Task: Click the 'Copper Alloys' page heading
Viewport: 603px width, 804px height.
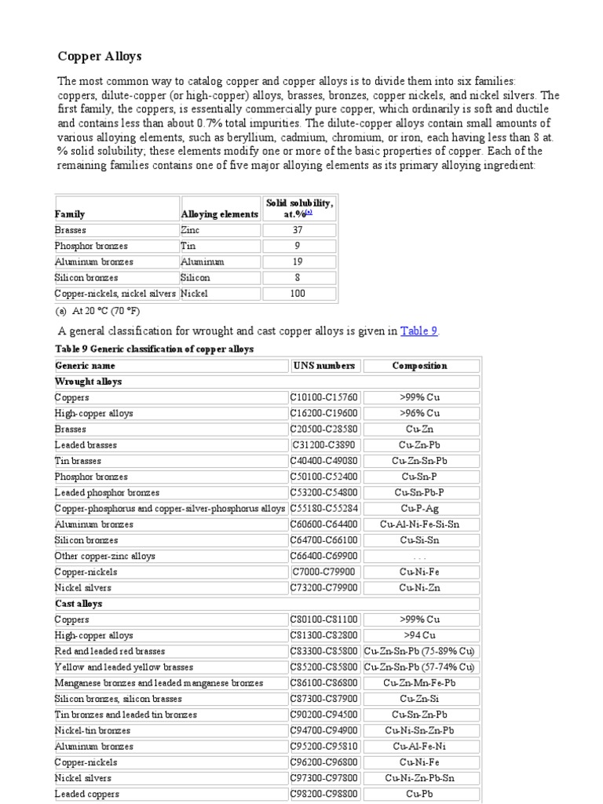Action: pyautogui.click(x=99, y=57)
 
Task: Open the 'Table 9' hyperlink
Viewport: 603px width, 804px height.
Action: pyautogui.click(x=418, y=331)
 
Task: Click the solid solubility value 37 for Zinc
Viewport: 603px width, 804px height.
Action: pyautogui.click(x=298, y=230)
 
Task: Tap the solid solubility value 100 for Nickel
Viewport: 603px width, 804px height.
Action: pyautogui.click(x=298, y=293)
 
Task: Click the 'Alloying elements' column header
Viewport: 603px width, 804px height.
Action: pyautogui.click(x=219, y=214)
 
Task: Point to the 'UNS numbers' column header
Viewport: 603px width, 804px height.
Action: pyautogui.click(x=323, y=365)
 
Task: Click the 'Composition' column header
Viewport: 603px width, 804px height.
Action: pyautogui.click(x=420, y=365)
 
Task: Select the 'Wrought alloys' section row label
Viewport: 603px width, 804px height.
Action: pyautogui.click(x=88, y=382)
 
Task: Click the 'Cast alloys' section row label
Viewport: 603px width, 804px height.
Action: pyautogui.click(x=79, y=604)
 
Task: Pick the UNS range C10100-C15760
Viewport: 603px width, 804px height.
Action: pyautogui.click(x=325, y=397)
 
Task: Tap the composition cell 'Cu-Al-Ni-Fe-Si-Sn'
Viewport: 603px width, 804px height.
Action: pyautogui.click(x=420, y=524)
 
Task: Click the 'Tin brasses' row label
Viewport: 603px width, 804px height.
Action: pyautogui.click(x=78, y=461)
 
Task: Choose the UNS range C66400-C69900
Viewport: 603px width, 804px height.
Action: pyautogui.click(x=325, y=556)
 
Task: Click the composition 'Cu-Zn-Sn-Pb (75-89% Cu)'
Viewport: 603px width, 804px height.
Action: pyautogui.click(x=420, y=651)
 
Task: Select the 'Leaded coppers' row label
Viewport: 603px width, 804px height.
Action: pyautogui.click(x=86, y=794)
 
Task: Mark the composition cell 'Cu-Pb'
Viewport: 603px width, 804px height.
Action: pyautogui.click(x=420, y=794)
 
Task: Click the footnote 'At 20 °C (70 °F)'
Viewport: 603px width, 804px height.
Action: pyautogui.click(x=103, y=311)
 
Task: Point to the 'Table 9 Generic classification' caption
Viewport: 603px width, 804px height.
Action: pyautogui.click(x=154, y=349)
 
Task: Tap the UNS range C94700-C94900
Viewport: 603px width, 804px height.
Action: pyautogui.click(x=325, y=730)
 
